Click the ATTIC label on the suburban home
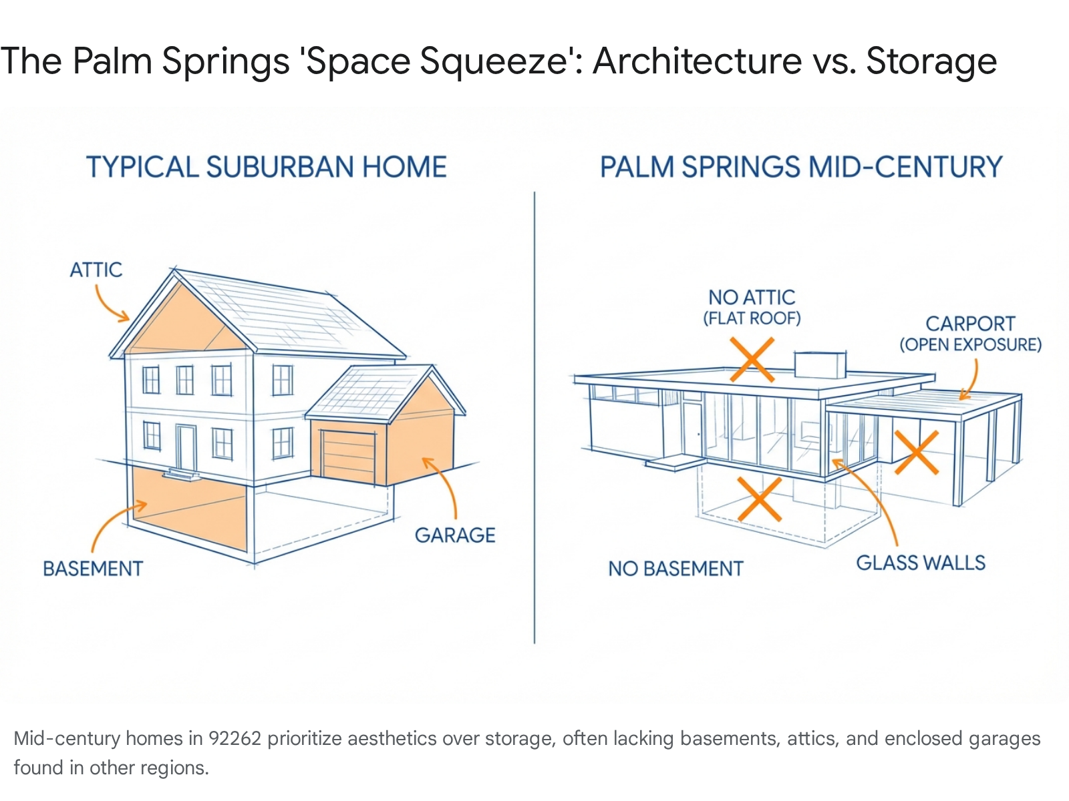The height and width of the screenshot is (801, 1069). (96, 270)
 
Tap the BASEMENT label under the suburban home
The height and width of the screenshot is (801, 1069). (93, 569)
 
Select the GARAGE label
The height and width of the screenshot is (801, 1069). (455, 535)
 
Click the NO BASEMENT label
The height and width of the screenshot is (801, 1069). (675, 569)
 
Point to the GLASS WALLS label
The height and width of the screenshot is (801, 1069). (921, 563)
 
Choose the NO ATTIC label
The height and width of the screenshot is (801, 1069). (752, 298)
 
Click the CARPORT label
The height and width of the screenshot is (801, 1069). (970, 324)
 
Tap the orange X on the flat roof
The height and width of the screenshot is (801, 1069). (752, 360)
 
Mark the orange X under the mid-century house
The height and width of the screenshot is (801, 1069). (760, 499)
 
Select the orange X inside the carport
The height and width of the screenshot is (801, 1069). (917, 453)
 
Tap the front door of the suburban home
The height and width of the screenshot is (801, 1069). (186, 447)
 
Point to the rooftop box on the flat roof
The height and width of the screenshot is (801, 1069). (820, 364)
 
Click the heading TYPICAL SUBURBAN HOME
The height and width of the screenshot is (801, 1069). (267, 167)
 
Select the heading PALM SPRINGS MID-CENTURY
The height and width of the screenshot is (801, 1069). (801, 167)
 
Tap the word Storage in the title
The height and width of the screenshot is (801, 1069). (931, 61)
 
